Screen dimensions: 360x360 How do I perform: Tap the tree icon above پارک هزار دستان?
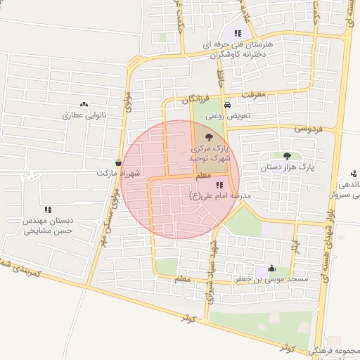(x=286, y=156)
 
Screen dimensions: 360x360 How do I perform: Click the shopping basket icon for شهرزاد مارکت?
(x=118, y=162)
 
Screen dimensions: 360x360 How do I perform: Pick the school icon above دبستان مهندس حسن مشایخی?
(x=48, y=209)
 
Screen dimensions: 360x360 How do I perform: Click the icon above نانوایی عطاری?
(x=84, y=104)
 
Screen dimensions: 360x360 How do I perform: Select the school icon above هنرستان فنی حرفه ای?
(x=238, y=32)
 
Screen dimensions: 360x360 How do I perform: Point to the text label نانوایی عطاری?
(x=84, y=115)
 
